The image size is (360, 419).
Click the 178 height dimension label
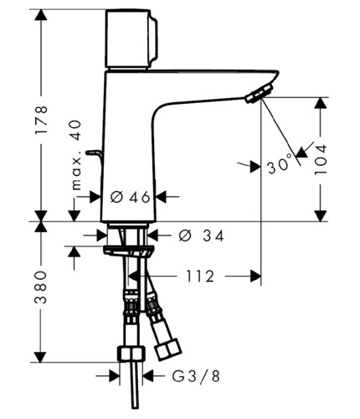[41, 120]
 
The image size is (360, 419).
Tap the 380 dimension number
[41, 287]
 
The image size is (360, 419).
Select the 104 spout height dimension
[321, 159]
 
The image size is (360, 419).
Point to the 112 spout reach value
[200, 277]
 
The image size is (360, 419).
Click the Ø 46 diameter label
[131, 198]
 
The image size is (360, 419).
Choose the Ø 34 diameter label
[201, 236]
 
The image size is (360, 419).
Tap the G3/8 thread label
[196, 376]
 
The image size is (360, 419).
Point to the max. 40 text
[76, 155]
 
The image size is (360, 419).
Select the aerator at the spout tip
[259, 94]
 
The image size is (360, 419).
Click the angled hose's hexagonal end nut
[168, 349]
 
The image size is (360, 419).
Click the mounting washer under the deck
[128, 251]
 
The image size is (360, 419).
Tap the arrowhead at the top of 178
[41, 15]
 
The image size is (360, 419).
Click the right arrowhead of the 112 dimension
[255, 277]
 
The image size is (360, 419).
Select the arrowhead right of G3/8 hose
[148, 376]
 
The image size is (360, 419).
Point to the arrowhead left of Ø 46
[95, 197]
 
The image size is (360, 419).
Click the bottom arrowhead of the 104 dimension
[321, 216]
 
